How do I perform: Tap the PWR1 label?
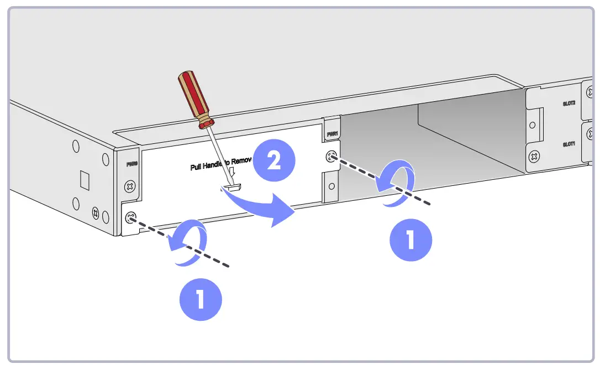click(331, 133)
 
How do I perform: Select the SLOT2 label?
click(569, 103)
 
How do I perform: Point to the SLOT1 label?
click(569, 144)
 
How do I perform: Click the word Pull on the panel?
click(197, 166)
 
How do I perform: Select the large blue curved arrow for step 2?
click(265, 210)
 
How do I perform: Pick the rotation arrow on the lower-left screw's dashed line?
click(187, 243)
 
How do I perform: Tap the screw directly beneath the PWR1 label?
click(331, 156)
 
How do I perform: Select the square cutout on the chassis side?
click(85, 180)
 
